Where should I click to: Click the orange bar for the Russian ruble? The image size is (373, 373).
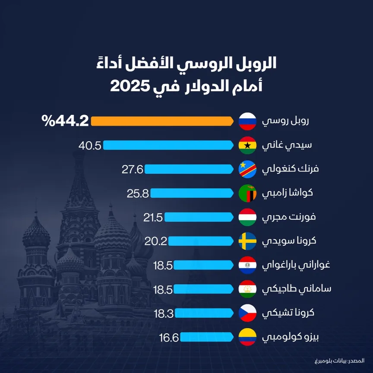[162, 121]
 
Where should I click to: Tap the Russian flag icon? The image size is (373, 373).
[248, 121]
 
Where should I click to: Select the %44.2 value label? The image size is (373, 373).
[65, 121]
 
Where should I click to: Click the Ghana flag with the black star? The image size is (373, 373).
[248, 145]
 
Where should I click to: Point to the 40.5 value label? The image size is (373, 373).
[89, 145]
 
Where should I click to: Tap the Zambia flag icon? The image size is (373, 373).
[248, 193]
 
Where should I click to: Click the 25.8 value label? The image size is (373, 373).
[138, 193]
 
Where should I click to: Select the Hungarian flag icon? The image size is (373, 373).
[248, 216]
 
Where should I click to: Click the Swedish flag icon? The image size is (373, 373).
[248, 240]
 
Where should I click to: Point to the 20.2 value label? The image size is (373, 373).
[156, 241]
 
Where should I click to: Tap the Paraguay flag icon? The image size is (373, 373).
[248, 264]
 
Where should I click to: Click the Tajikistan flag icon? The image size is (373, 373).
[248, 288]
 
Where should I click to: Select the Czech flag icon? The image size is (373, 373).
[248, 312]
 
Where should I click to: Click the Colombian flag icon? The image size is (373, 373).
[248, 336]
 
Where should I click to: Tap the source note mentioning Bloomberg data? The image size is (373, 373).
[339, 360]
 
